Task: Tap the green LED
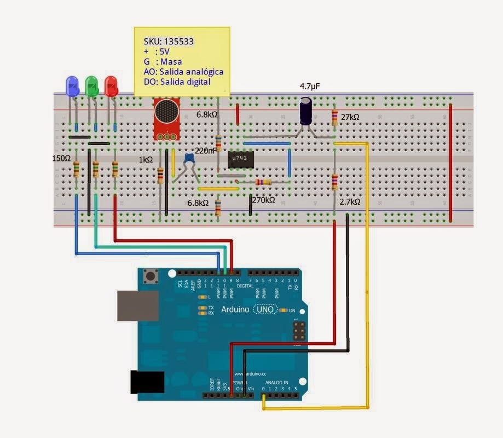click(91, 86)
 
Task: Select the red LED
click(111, 86)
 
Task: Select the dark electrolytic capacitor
click(307, 111)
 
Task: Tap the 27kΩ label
click(350, 118)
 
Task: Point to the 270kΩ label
click(263, 201)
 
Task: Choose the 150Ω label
click(61, 158)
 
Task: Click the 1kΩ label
click(145, 159)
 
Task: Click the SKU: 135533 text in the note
click(168, 42)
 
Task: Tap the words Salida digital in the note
click(185, 82)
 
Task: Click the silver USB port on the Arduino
click(137, 306)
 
